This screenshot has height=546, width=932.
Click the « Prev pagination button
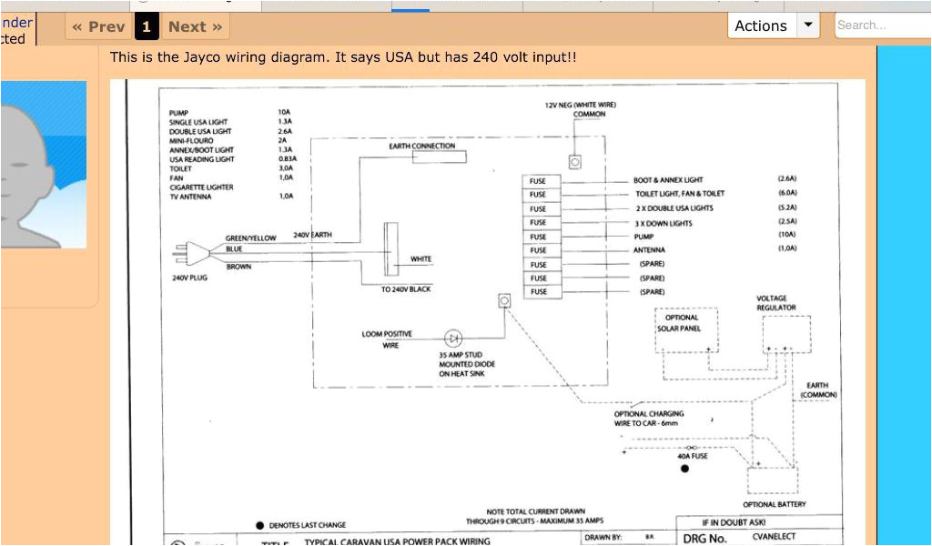coord(99,26)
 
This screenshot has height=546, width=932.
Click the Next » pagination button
coord(195,26)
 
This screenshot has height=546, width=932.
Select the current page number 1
coord(147,26)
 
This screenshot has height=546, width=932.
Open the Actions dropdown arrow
coord(808,25)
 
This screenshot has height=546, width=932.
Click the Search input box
coord(881,25)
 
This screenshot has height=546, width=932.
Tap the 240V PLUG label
coord(189,278)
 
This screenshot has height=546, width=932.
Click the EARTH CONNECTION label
coord(422,146)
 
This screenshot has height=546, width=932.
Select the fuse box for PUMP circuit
coord(539,237)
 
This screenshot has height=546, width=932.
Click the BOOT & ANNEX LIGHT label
coord(668,180)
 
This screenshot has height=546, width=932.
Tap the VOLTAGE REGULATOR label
coord(776,303)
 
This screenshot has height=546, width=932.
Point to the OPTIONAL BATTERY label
coord(775,504)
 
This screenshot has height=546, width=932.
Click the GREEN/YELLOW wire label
coord(250,238)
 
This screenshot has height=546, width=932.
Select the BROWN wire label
coord(239,267)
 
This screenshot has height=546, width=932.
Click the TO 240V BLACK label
coord(406,288)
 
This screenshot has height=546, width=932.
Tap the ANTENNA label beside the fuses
coord(649,249)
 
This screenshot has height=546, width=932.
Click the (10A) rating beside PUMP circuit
coord(786,236)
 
